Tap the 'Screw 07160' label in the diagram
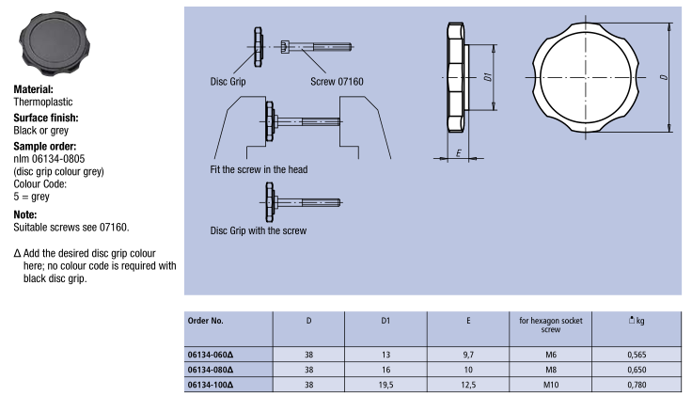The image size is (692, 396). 337,81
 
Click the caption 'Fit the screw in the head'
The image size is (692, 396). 259,170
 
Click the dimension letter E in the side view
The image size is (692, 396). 457,151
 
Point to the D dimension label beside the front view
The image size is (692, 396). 664,77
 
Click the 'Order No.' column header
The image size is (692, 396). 206,320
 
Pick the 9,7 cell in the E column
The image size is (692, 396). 468,355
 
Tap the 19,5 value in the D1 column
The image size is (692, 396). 385,384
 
